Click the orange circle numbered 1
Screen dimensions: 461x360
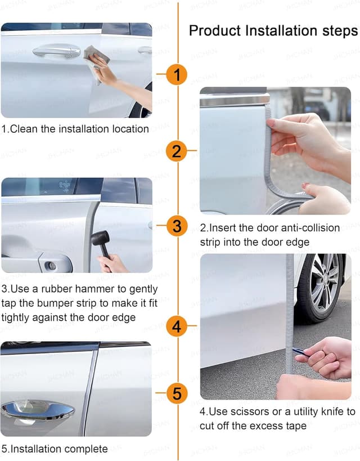tap(177, 74)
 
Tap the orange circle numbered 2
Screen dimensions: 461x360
tap(177, 151)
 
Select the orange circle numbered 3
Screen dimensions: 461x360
tap(177, 226)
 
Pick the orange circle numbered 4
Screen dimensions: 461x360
tap(177, 326)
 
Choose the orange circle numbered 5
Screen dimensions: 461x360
tap(177, 393)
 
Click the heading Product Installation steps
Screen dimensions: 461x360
tap(273, 30)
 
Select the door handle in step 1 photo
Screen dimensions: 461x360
tap(56, 52)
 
